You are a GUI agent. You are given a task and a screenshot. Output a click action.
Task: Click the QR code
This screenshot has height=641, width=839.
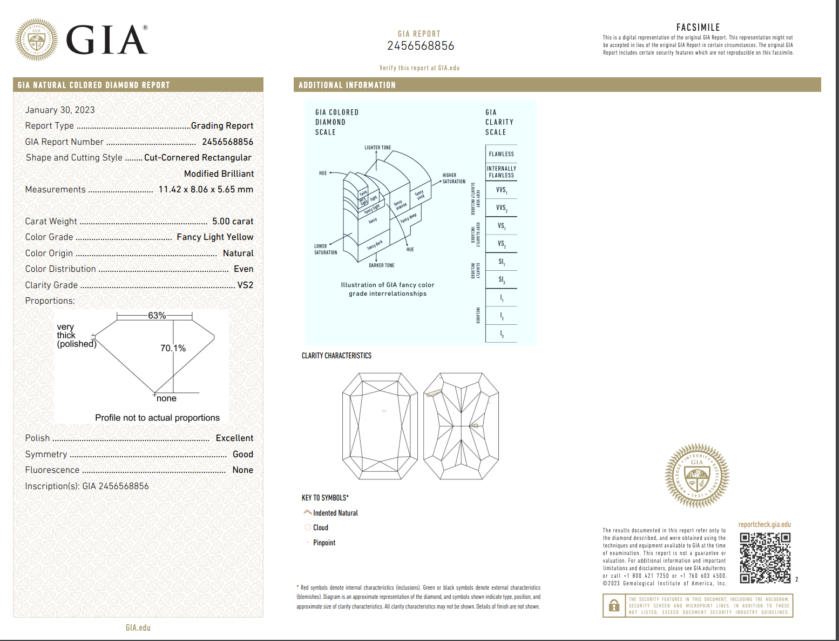[764, 558]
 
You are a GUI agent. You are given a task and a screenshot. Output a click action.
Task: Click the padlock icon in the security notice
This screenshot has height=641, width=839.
[614, 606]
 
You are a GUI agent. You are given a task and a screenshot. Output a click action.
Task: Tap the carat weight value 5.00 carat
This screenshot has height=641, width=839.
[233, 221]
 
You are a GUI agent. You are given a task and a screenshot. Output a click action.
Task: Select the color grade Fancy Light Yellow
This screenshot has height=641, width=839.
[215, 237]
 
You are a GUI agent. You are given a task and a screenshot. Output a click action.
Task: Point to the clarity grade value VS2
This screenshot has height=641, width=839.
[245, 285]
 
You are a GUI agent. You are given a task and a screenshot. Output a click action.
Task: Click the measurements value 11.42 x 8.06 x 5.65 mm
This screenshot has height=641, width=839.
[206, 189]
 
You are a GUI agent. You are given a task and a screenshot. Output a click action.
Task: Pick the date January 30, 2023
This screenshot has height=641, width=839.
[60, 110]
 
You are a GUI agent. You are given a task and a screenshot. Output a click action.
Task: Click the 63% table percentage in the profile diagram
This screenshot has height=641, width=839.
[157, 316]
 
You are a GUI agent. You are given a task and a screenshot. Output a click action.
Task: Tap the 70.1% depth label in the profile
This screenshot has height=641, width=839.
[173, 348]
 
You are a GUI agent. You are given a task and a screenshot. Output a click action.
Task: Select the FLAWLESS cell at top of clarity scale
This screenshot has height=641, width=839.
[501, 154]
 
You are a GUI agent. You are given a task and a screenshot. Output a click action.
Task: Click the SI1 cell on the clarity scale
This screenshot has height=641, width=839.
[502, 262]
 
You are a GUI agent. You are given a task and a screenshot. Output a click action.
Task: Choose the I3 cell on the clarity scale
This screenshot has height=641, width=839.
[502, 334]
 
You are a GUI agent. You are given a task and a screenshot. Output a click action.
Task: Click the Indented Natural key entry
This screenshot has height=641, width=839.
[335, 513]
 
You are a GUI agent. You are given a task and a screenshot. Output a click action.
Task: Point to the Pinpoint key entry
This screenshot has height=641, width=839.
[324, 543]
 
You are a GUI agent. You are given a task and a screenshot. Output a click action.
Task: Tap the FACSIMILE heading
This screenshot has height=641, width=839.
[698, 28]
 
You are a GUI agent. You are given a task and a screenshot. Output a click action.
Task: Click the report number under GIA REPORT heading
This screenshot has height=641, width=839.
[421, 46]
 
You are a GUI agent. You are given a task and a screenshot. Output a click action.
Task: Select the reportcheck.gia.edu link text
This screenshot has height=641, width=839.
[764, 524]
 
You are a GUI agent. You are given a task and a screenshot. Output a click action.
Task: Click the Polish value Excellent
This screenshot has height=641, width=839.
[234, 438]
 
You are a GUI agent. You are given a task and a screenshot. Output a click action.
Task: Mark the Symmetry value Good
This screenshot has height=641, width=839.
[243, 454]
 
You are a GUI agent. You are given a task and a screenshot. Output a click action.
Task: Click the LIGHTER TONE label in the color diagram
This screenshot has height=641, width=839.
[377, 148]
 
